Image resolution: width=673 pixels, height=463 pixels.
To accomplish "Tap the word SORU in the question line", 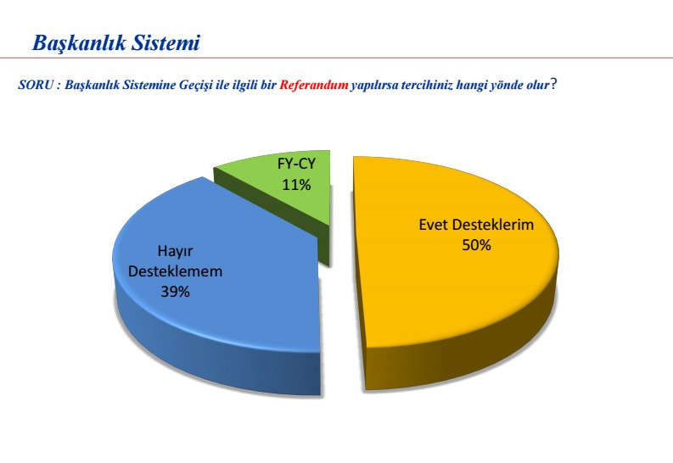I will (35, 86).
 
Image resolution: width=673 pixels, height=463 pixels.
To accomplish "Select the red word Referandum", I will (314, 86).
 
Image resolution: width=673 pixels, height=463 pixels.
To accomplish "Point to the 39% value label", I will (175, 292).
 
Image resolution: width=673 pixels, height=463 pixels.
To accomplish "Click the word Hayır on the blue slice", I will (175, 251).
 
